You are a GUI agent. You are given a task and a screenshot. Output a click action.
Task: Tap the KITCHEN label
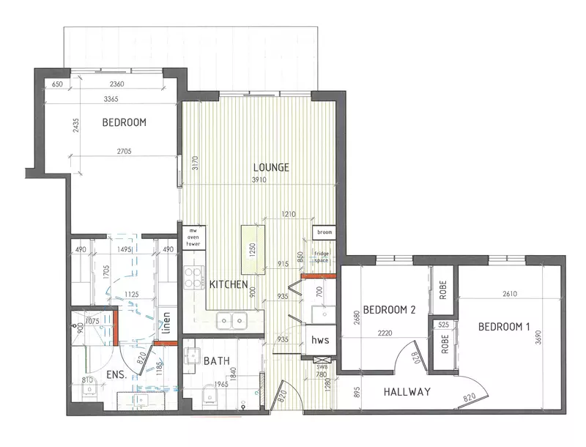229,284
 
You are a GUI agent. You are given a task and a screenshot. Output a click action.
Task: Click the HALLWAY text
407,392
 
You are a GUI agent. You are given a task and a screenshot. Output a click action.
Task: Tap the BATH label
218,361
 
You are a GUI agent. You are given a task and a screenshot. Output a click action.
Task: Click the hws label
320,340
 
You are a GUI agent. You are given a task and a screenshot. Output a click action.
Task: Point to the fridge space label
322,256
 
